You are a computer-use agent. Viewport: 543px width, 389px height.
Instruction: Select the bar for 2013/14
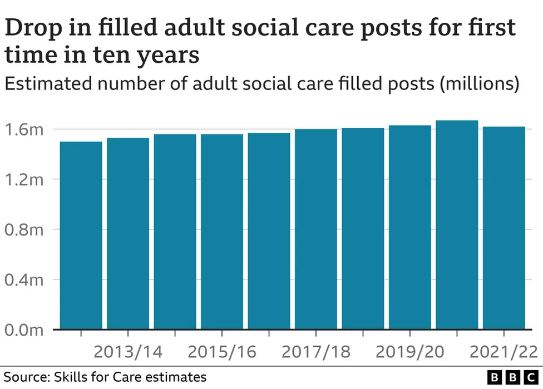click(128, 233)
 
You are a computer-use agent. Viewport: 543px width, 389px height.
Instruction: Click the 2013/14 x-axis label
click(128, 352)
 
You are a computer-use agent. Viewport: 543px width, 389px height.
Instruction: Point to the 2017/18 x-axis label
click(316, 352)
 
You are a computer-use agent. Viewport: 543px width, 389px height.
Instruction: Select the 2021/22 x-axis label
click(503, 352)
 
